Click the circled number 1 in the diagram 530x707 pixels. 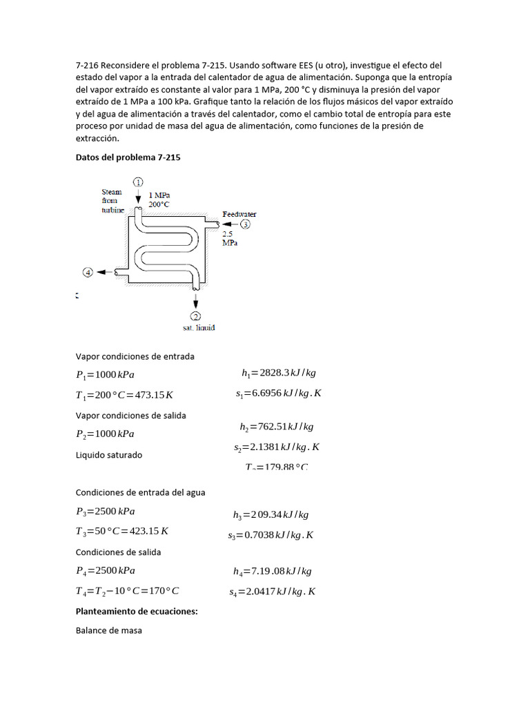point(138,182)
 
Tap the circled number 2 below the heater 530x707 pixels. point(196,316)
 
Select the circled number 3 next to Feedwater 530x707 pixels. point(246,224)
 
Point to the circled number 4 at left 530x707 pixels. point(88,273)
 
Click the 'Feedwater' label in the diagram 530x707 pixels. point(239,214)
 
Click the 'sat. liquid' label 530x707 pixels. point(199,327)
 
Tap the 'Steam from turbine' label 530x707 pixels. point(112,200)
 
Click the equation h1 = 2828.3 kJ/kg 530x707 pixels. point(279,373)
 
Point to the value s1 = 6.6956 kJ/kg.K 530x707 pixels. point(278,394)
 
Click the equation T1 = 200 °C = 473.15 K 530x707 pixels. point(124,395)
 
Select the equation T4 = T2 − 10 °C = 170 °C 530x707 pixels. point(128,591)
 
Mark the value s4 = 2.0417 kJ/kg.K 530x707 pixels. point(273,592)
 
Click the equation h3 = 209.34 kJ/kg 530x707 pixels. point(271,514)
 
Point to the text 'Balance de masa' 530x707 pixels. point(108,630)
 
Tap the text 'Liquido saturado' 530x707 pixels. point(108,455)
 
